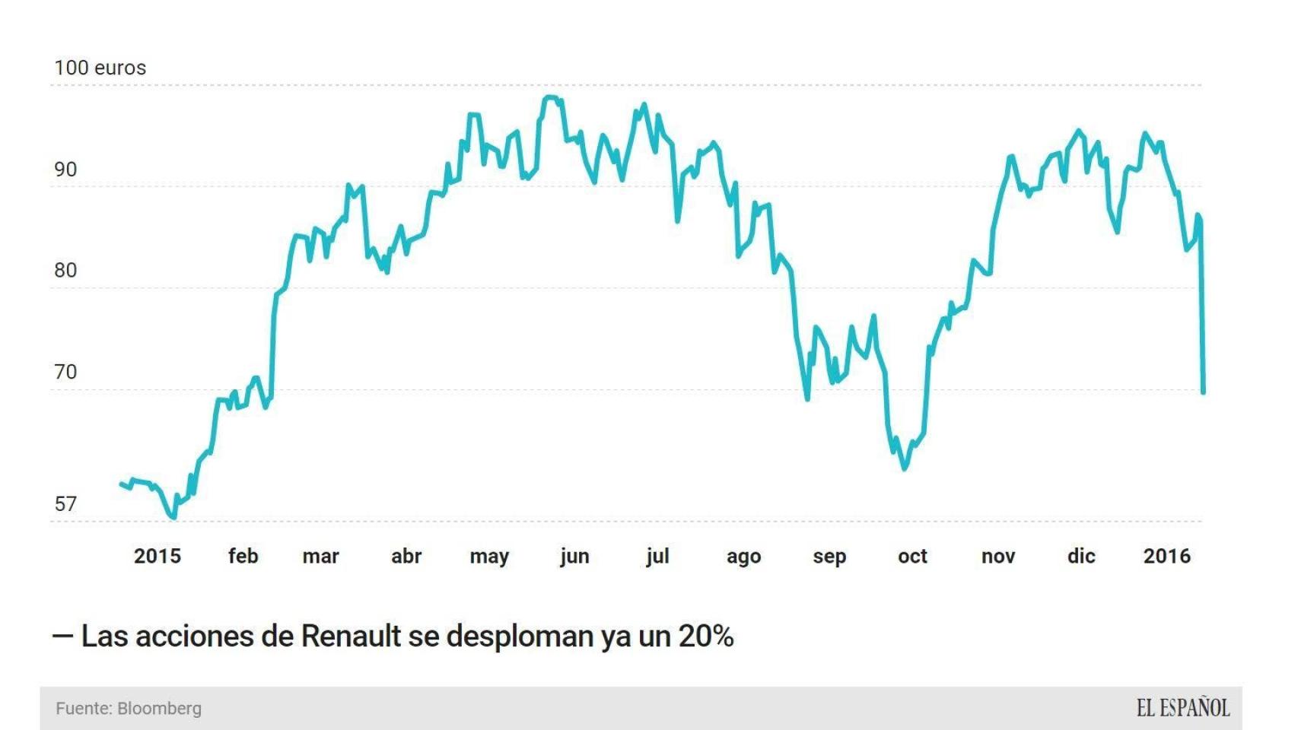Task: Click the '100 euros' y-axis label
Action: click(100, 68)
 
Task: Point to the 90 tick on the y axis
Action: click(65, 170)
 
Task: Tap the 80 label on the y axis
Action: click(65, 271)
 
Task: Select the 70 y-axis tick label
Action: click(65, 372)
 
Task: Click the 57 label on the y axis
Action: click(65, 504)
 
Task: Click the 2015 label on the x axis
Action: click(157, 556)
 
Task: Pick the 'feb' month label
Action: click(243, 556)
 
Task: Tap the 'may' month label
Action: click(489, 556)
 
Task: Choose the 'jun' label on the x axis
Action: click(574, 556)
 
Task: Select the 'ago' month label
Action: click(743, 556)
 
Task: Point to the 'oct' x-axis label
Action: click(912, 556)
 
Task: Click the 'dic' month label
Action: click(1081, 556)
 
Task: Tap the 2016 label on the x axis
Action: click(1166, 556)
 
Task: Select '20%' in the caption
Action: click(705, 636)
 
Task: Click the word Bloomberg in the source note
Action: click(160, 709)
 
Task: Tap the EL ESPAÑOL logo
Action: click(1182, 709)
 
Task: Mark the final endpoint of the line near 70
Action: click(1203, 392)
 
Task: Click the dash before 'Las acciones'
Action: click(62, 636)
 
